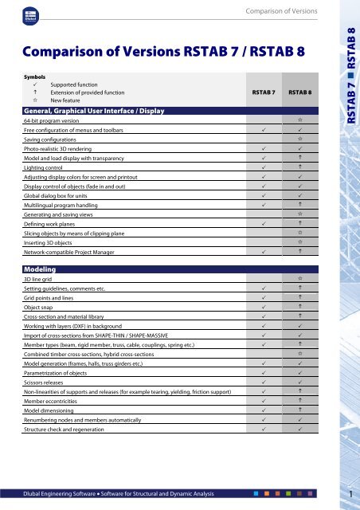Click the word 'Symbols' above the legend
(35, 74)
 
